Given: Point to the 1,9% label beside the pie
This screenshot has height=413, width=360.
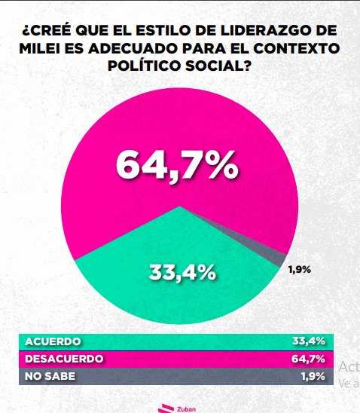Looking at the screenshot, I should click(300, 269).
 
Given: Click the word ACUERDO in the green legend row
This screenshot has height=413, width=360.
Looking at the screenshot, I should click(53, 341).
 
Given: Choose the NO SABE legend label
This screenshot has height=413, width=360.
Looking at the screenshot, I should click(50, 375).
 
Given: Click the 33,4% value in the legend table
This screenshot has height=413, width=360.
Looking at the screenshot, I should click(308, 341).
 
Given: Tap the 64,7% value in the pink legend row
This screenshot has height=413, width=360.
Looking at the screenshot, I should click(308, 358).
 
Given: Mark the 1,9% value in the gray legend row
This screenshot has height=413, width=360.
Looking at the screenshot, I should click(311, 375).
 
